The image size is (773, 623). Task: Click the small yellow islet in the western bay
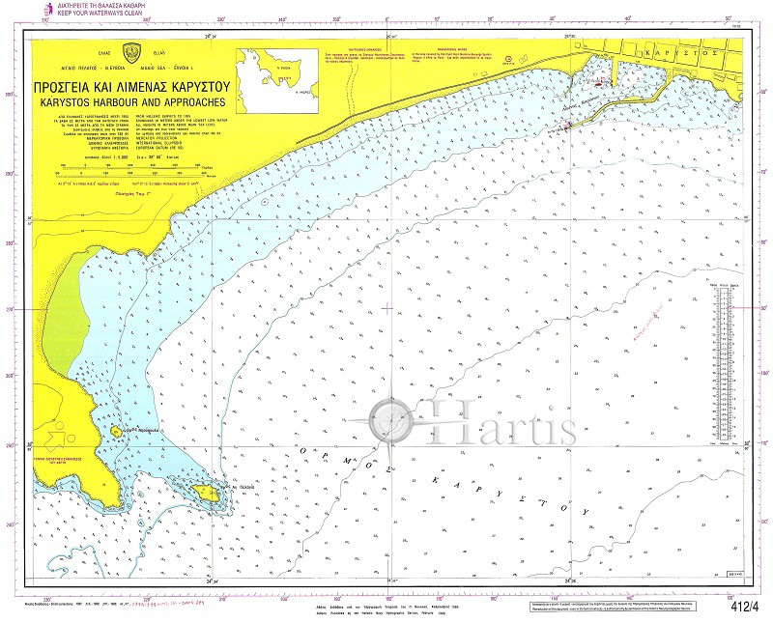tap(117, 432)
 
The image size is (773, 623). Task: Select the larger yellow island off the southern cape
tap(206, 494)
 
